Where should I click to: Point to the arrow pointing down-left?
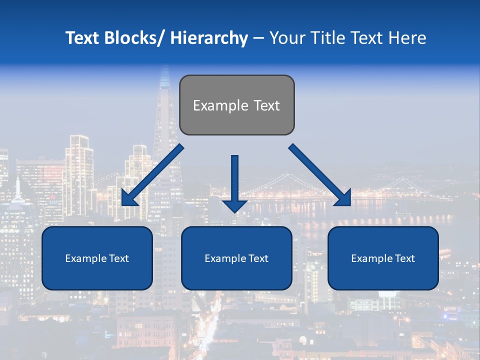(152, 175)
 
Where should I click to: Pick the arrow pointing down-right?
(320, 175)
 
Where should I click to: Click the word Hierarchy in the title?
(209, 38)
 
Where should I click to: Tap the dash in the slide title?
(258, 38)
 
